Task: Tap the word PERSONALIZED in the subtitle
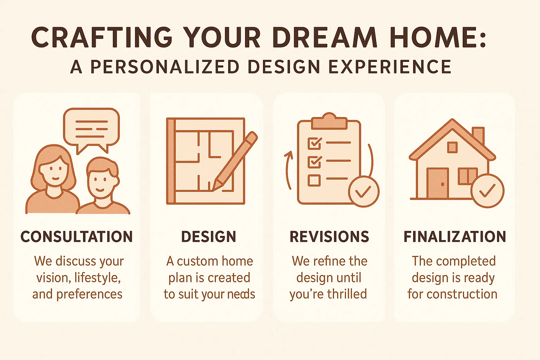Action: pos(165,66)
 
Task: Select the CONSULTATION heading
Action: pos(77,237)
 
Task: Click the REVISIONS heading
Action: pos(329,237)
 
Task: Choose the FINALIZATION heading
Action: pos(455,237)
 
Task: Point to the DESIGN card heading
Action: pos(209,237)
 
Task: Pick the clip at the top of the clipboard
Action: pos(329,121)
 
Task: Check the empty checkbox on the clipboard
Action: pos(314,180)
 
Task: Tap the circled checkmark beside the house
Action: pos(488,191)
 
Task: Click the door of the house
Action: pos(438,183)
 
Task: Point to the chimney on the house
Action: pos(478,135)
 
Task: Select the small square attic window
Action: pos(452,147)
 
